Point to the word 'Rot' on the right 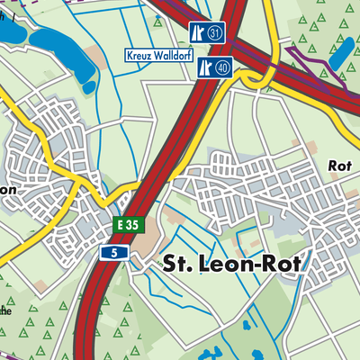click(339, 166)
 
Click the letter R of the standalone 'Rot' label click(333, 166)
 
